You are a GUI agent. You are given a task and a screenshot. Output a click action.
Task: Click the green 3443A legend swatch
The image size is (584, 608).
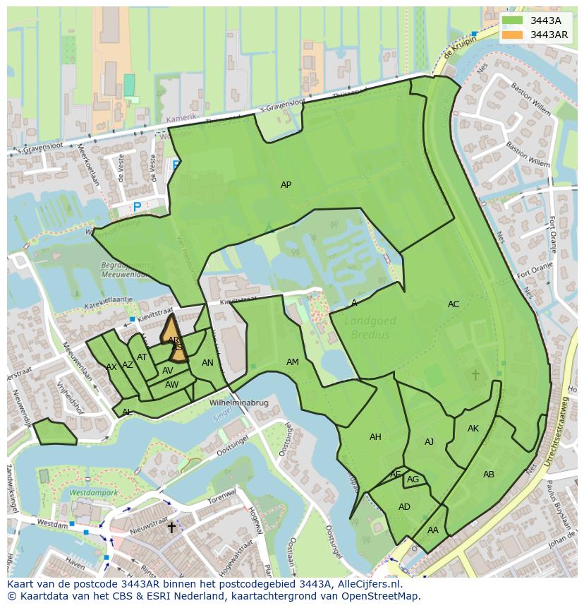coord(513,20)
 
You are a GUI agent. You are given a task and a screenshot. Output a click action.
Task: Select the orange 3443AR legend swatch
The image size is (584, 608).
coord(513,35)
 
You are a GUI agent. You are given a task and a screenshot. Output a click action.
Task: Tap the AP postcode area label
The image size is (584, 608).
coord(286,185)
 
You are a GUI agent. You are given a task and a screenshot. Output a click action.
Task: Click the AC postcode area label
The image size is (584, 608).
coord(454,304)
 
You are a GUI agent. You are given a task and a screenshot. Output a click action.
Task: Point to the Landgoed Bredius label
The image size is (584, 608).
coord(370,328)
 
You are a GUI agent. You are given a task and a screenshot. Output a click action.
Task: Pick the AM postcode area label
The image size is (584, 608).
coord(293,362)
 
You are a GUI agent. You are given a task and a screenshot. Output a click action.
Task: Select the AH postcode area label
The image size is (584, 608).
coord(375,437)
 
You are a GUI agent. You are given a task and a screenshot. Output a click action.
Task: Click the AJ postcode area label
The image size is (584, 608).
coord(429,442)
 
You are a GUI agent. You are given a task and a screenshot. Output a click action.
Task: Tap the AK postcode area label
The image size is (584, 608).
coord(473,429)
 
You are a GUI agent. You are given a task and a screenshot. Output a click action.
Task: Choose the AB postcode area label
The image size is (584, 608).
coord(489,475)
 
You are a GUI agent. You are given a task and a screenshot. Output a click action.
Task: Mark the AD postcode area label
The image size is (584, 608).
coord(404,507)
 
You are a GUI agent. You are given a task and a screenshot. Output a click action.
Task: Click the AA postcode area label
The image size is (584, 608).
coord(433,530)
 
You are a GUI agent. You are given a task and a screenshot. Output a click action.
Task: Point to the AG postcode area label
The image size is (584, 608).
coord(413,479)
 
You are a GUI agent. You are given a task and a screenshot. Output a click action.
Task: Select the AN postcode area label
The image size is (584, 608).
coord(207,363)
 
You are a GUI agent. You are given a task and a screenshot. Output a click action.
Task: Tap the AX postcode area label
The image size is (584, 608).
coord(111,367)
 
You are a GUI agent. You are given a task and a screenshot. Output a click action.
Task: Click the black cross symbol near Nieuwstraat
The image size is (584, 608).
coord(171,527)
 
